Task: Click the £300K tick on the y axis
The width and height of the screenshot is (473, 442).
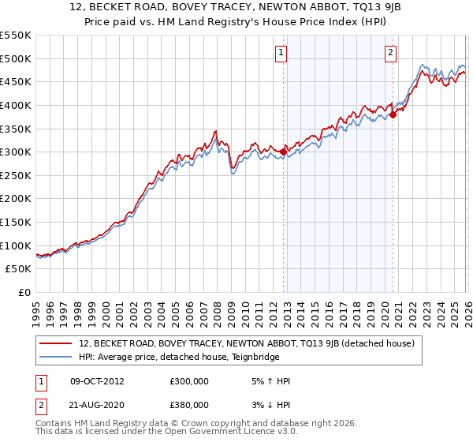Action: click(16, 152)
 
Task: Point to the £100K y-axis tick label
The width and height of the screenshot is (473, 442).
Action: click(16, 245)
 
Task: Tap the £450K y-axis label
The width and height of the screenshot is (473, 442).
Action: click(16, 81)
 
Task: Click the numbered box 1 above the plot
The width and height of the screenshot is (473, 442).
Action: click(281, 54)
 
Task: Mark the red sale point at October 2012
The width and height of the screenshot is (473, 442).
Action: click(283, 152)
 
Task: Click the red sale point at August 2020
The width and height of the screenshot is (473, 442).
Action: click(393, 114)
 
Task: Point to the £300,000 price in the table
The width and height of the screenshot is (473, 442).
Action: click(189, 381)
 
